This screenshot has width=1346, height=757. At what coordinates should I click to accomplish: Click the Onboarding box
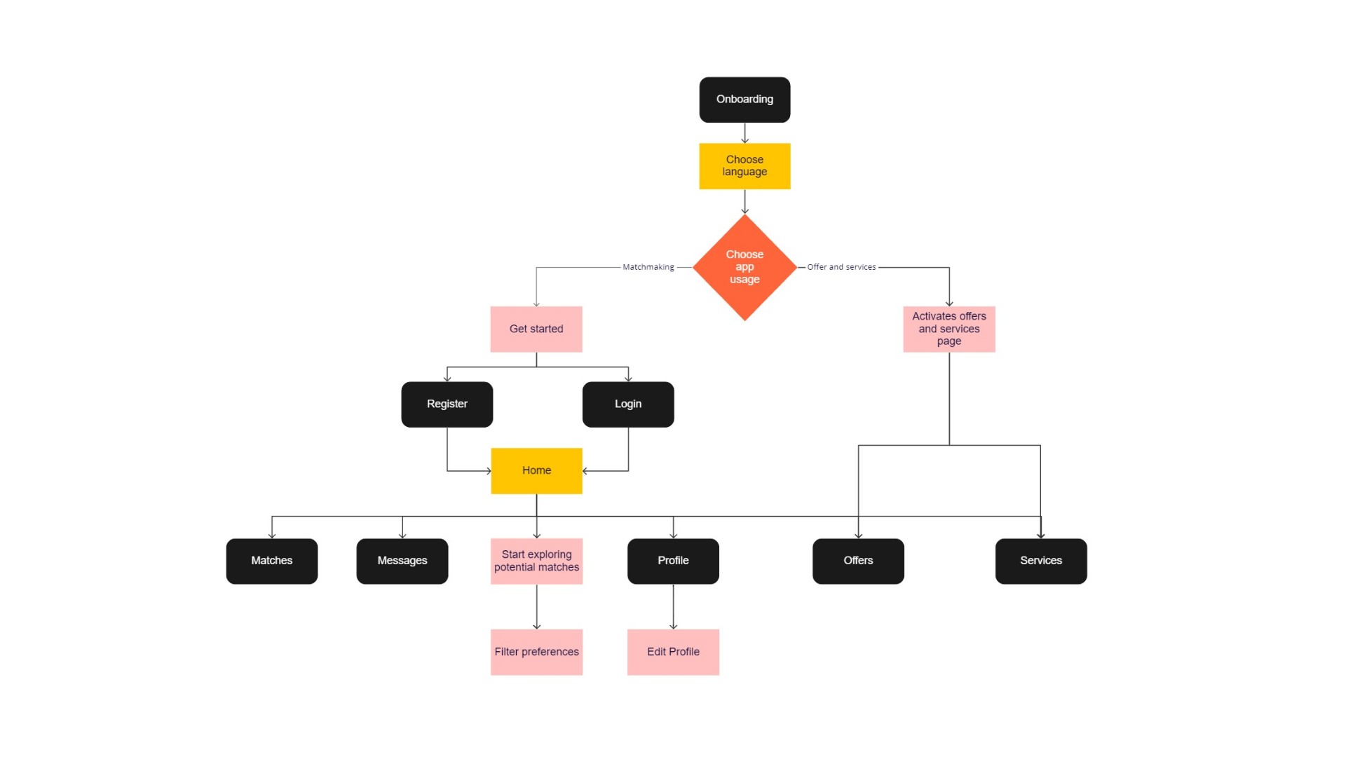[x=745, y=100]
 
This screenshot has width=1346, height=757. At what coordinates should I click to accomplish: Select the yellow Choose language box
[x=745, y=166]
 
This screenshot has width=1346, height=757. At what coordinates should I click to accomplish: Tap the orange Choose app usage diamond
[x=745, y=267]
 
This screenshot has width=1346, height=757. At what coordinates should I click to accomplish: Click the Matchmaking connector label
[x=648, y=267]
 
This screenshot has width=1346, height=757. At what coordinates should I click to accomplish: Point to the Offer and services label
[x=841, y=267]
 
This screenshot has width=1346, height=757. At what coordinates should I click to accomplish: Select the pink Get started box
[x=536, y=329]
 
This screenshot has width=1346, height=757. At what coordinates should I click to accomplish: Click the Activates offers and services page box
[x=949, y=329]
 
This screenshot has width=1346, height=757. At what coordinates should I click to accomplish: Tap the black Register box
[x=447, y=404]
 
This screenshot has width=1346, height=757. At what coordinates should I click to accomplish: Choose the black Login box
[x=628, y=404]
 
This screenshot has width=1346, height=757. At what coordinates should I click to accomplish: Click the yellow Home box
[x=536, y=470]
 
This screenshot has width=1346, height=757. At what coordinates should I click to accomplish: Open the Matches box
[x=272, y=561]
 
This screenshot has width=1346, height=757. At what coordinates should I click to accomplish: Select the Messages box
[x=402, y=561]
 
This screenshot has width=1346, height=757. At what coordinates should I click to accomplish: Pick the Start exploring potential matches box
[x=536, y=561]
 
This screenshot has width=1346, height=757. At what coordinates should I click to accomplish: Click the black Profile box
[x=673, y=561]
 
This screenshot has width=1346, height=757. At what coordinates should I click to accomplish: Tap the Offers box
[x=858, y=561]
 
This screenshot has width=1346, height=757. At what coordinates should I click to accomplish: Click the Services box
[x=1041, y=561]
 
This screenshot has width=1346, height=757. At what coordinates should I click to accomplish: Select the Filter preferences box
[x=536, y=652]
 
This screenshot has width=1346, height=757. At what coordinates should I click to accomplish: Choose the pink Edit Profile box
[x=673, y=652]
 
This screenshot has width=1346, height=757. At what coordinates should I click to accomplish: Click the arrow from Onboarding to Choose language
[x=745, y=133]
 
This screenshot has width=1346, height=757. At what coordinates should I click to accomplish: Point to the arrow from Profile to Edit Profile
[x=673, y=607]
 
